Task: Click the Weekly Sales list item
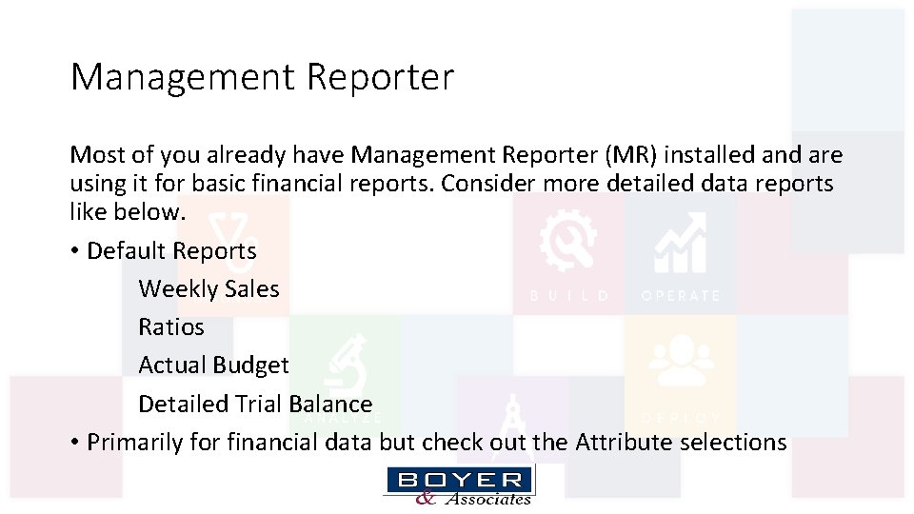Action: [x=209, y=288]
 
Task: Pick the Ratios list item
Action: [x=171, y=326]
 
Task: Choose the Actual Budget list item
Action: [x=213, y=365]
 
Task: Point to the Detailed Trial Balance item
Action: [x=255, y=404]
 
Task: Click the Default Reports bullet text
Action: [x=171, y=250]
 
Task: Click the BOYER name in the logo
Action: [x=460, y=480]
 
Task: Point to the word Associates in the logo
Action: [x=487, y=499]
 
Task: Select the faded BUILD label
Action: [x=569, y=296]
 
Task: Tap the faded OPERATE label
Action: [x=681, y=296]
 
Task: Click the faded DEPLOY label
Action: [x=681, y=418]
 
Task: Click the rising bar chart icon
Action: [x=681, y=243]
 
